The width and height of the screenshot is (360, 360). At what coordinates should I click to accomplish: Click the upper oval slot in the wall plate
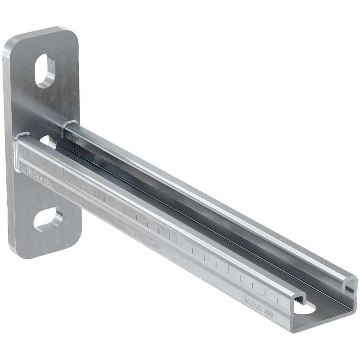click(x=45, y=71)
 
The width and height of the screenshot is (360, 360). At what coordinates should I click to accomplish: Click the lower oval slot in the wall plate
click(x=49, y=219)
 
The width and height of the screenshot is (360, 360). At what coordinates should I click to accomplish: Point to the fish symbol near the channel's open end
click(x=269, y=310)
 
